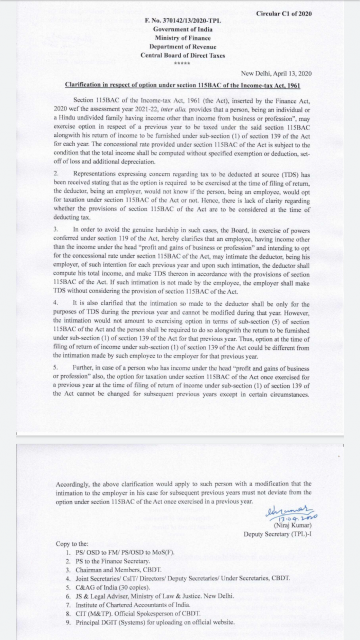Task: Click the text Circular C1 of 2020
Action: [x=283, y=13]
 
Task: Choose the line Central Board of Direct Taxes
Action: [x=184, y=56]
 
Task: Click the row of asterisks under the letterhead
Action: [x=182, y=64]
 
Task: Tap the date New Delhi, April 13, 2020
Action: [x=276, y=73]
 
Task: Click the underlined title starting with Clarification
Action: [x=183, y=84]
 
